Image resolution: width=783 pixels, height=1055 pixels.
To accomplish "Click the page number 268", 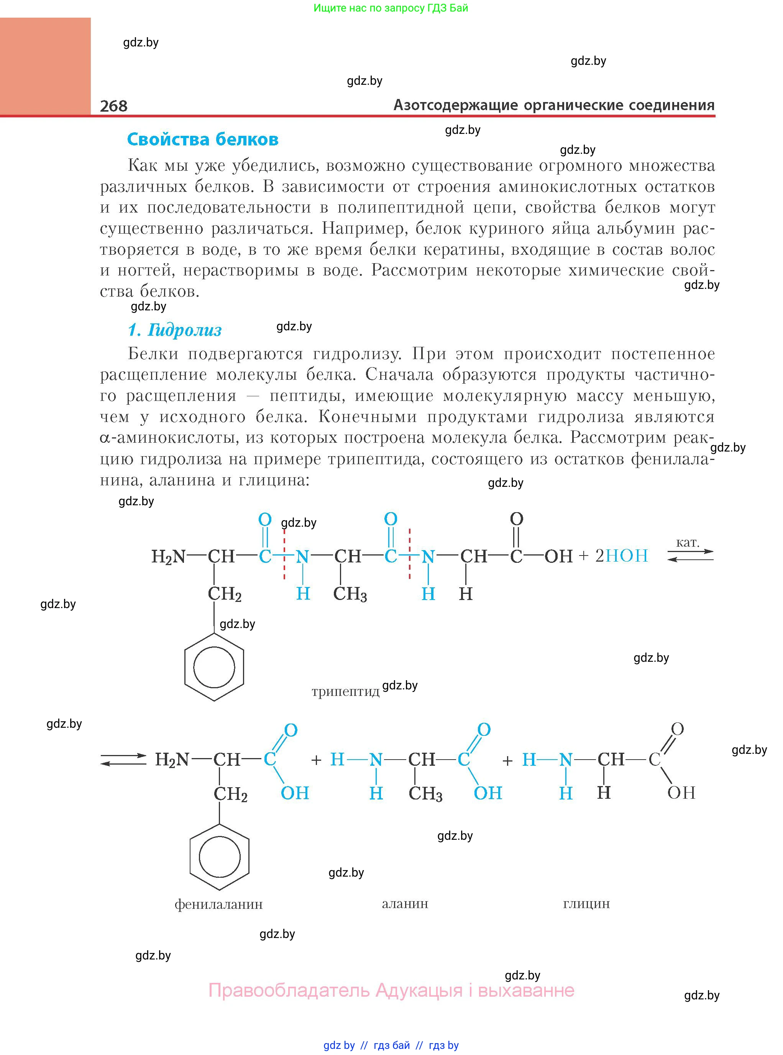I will point(114,106).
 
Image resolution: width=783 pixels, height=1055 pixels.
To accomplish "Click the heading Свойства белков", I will point(202,140).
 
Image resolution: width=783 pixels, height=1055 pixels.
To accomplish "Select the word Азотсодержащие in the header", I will point(455,105).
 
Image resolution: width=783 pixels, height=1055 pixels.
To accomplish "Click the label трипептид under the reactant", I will point(346,691).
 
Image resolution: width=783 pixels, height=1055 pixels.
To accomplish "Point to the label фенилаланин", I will point(218,904).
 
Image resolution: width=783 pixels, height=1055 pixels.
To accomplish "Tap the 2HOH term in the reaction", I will point(621,556).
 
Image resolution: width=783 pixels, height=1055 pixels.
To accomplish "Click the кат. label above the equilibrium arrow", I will point(688,542).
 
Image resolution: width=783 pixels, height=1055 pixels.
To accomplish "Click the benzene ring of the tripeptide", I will point(214,666).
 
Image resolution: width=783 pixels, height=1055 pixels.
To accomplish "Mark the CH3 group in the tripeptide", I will point(350,594).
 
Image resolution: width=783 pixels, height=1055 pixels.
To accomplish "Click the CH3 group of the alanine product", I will point(425,794).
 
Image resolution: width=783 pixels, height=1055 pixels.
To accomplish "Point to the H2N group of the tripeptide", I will point(168,556).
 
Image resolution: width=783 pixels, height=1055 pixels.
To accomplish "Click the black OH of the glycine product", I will point(681,793).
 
